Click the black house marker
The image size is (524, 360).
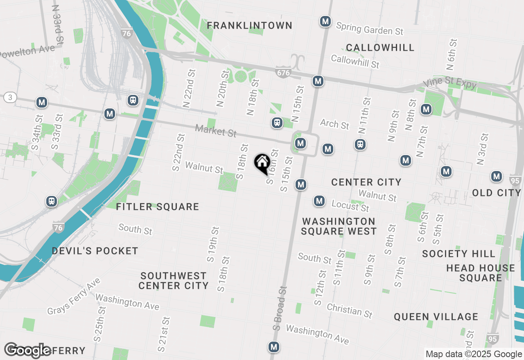click(262, 163)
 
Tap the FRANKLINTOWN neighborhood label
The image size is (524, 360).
click(249, 25)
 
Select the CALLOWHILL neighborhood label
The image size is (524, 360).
click(380, 47)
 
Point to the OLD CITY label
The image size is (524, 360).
click(496, 192)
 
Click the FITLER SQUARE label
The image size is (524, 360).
click(158, 207)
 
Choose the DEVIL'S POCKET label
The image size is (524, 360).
click(95, 251)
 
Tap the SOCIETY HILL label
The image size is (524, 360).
click(458, 254)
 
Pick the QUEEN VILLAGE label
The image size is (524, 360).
click(436, 317)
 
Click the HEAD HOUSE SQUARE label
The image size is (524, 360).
click(480, 273)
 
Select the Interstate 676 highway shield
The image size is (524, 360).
click(283, 73)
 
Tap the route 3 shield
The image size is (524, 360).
click(9, 97)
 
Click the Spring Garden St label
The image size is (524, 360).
click(370, 29)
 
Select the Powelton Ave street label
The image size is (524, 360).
click(27, 52)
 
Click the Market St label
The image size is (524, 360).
click(216, 131)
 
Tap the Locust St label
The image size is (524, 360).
click(350, 206)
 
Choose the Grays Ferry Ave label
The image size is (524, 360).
click(74, 297)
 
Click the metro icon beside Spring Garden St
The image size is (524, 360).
click(325, 21)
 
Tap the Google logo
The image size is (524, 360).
click(28, 350)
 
